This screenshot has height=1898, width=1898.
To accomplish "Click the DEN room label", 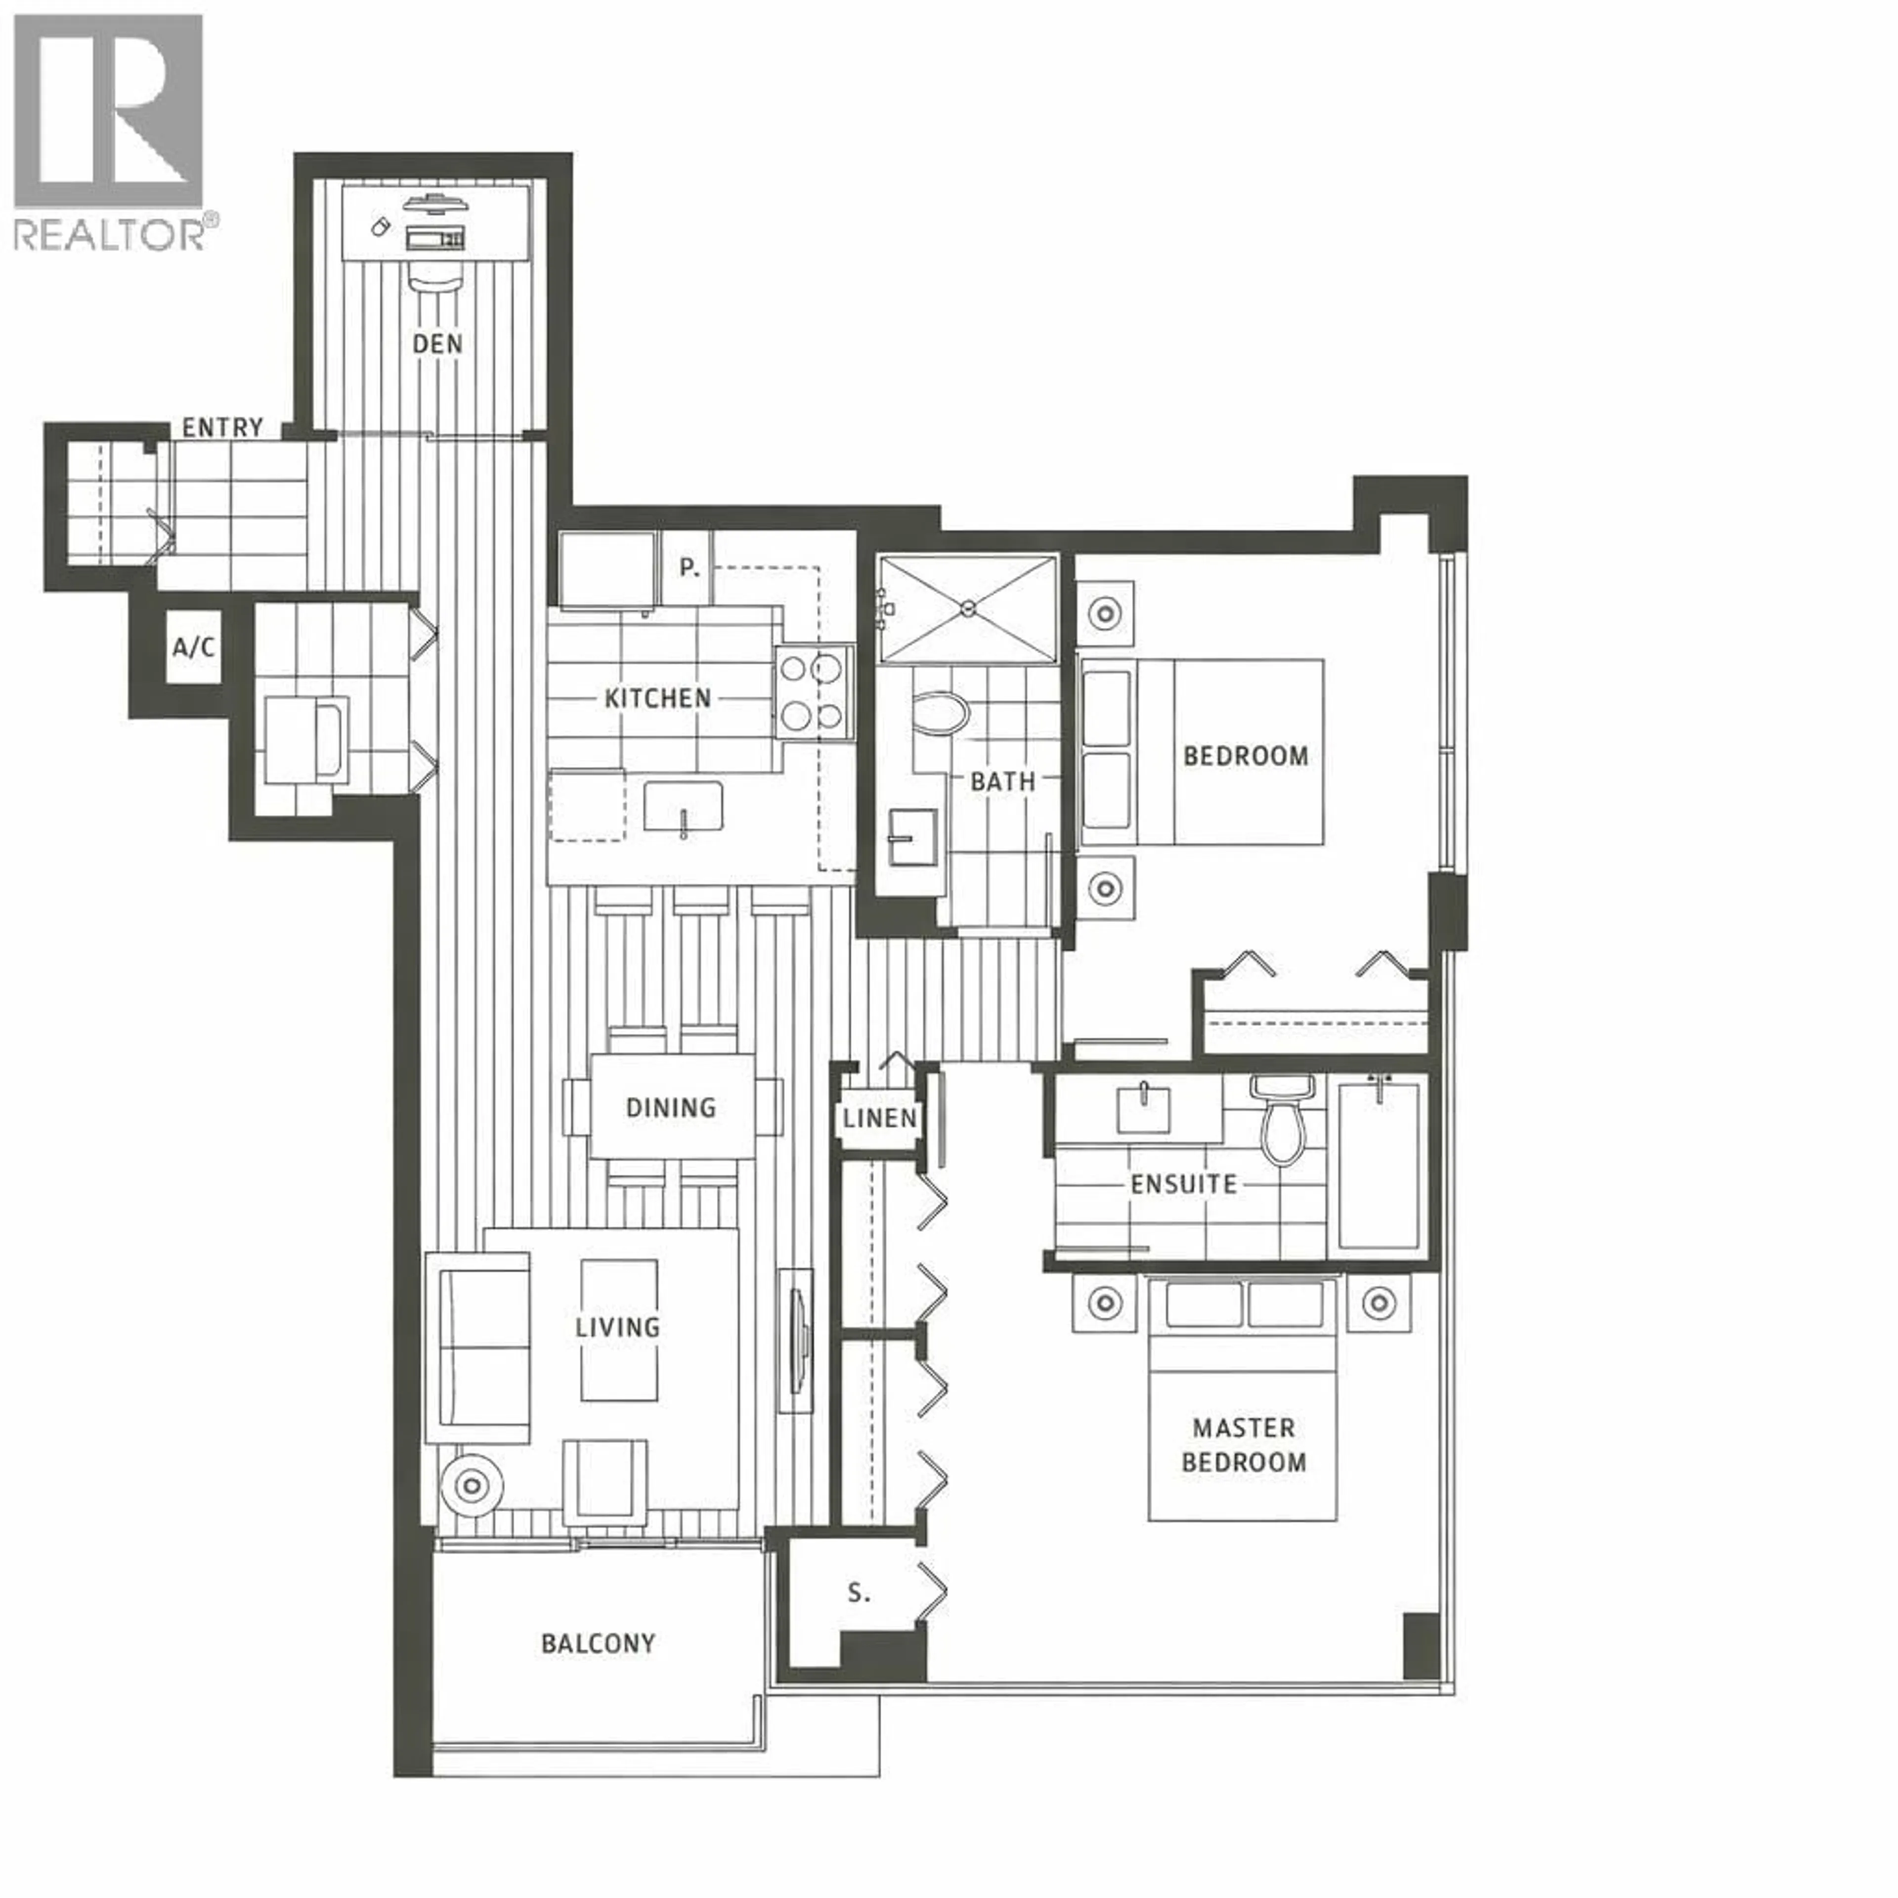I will (x=437, y=344).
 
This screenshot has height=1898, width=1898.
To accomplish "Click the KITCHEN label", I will (x=657, y=698).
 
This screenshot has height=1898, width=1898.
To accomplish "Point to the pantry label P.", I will (x=689, y=568).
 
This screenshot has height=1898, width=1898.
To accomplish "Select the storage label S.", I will (x=859, y=1593).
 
